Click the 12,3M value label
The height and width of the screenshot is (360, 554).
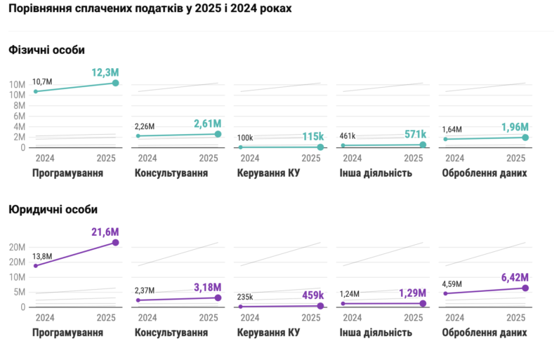point(105,72)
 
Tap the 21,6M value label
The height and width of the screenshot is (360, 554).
point(105,232)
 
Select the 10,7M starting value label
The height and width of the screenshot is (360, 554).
point(43,81)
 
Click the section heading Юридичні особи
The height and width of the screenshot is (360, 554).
point(53,209)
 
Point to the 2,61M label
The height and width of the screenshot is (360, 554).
point(207,124)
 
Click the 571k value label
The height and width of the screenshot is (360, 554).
point(413,134)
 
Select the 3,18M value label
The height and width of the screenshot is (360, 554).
point(207,287)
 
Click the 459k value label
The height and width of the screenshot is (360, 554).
point(309,295)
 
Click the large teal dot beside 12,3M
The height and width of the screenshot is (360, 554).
point(115,83)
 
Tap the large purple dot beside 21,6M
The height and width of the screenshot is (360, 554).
point(115,243)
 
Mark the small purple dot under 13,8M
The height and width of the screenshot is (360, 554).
point(35,265)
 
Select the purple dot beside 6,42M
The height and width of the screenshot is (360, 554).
point(525,288)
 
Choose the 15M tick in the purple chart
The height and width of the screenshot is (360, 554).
point(18,262)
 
